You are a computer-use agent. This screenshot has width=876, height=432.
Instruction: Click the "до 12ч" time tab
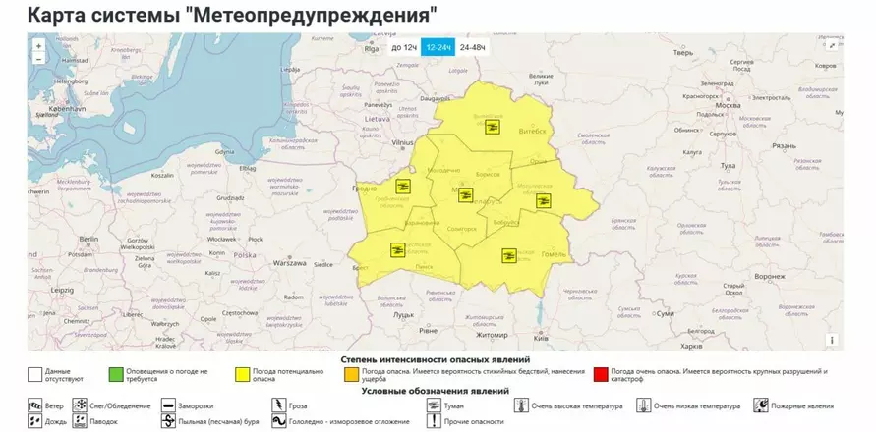[403, 47]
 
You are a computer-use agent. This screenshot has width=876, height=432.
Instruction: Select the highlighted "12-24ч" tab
[438, 47]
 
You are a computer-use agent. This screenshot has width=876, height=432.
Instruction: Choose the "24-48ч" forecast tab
[473, 47]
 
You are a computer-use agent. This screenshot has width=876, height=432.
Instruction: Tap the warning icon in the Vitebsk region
[495, 125]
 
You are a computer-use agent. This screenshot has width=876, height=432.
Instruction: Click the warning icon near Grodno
[402, 186]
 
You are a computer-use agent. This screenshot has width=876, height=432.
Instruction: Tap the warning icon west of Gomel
[508, 256]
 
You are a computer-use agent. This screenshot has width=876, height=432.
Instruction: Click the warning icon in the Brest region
[397, 249]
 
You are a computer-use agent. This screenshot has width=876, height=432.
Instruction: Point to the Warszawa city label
[290, 264]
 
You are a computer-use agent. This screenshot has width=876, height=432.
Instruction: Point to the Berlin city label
[89, 239]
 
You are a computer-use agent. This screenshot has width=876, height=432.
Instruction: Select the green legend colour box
[117, 374]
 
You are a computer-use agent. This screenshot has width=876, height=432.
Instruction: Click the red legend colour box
[600, 374]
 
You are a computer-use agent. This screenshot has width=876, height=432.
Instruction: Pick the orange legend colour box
[351, 374]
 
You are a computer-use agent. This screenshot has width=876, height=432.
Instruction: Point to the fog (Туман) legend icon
[434, 405]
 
